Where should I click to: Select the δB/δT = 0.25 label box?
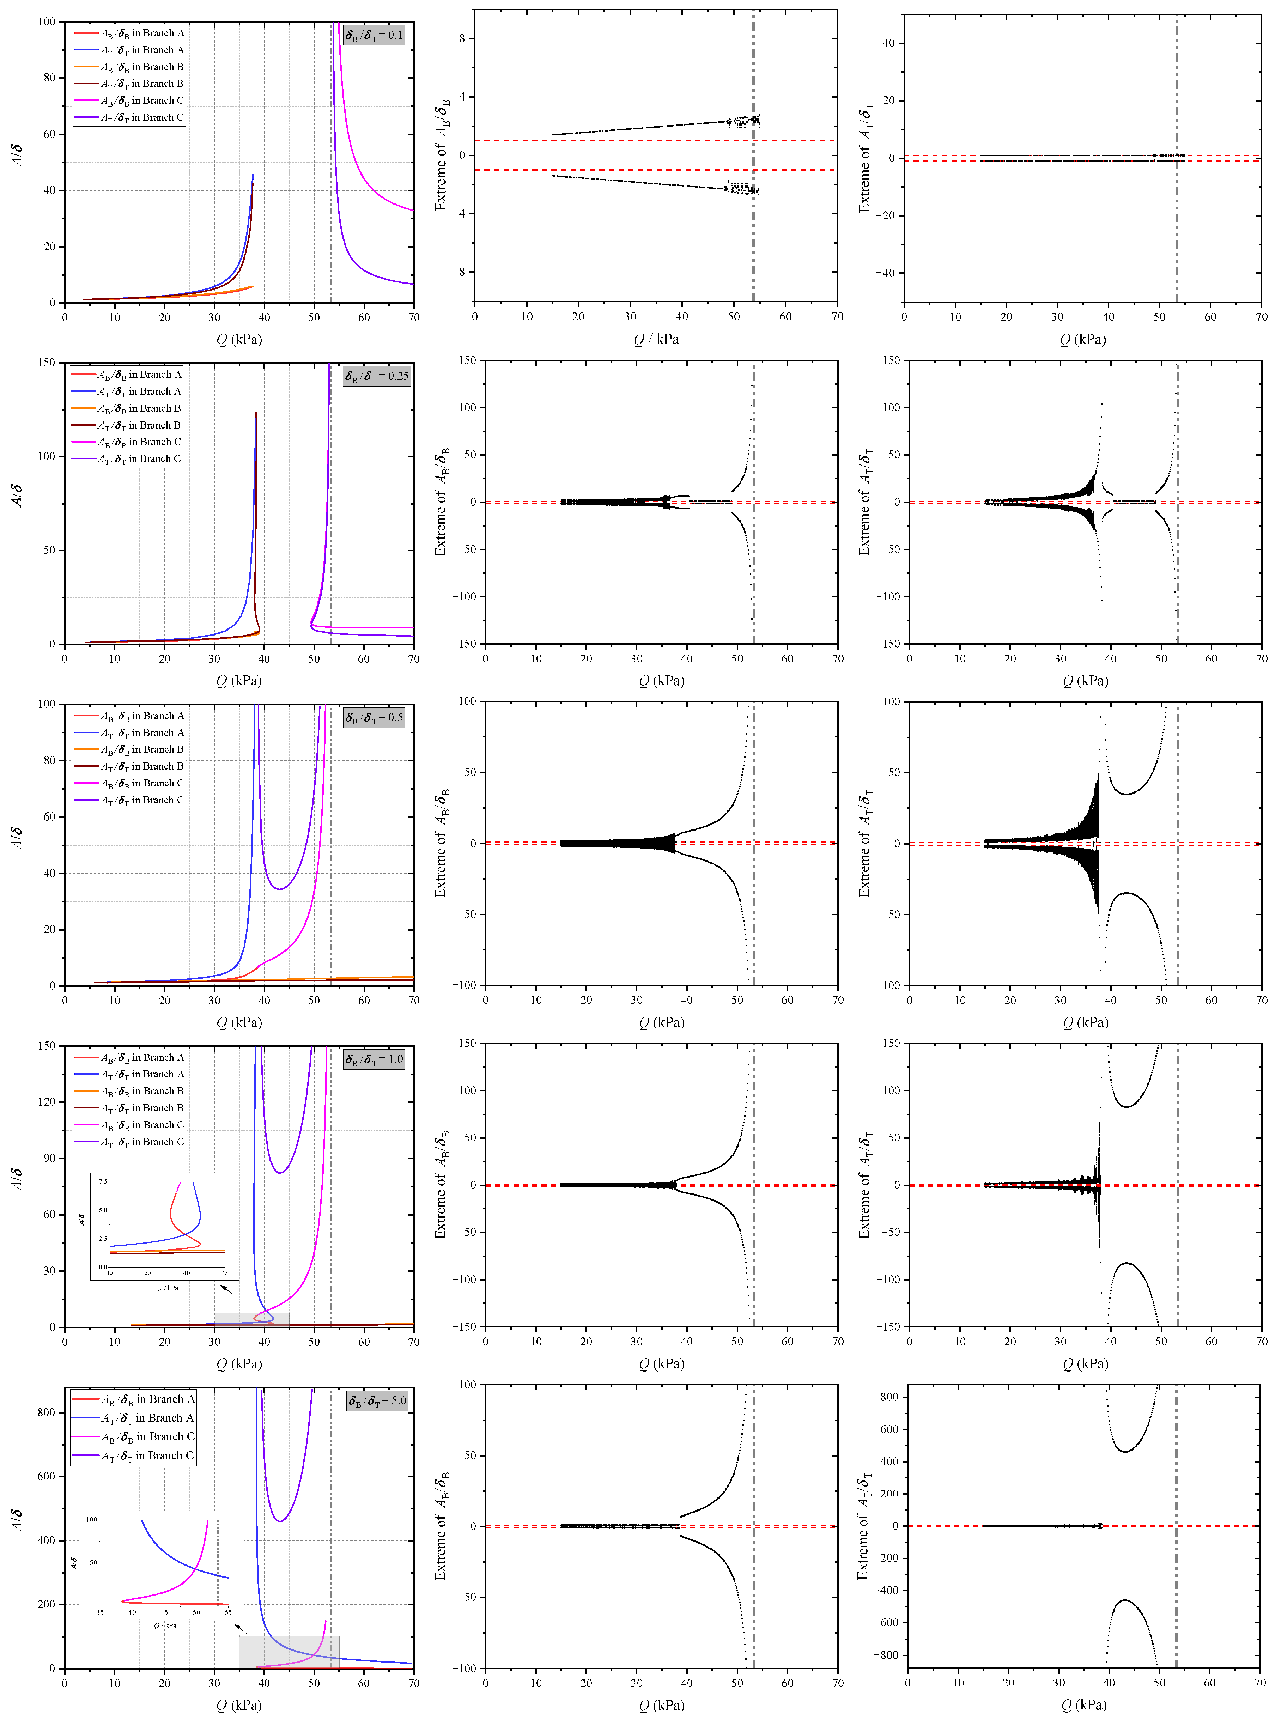[377, 377]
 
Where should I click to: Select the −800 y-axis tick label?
[885, 1655]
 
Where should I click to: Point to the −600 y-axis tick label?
[885, 1623]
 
